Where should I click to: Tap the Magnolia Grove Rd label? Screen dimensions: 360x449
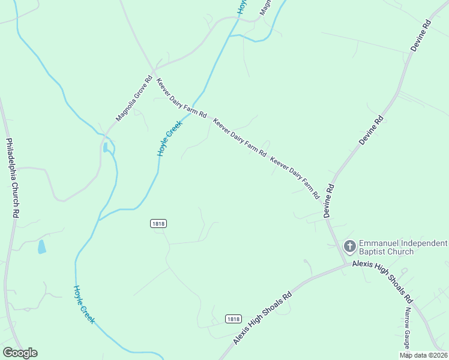point(135,99)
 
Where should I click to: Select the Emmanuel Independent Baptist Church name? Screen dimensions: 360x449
point(403,247)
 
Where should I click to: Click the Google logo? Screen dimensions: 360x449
point(20,353)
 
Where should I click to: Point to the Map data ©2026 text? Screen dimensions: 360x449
point(423,355)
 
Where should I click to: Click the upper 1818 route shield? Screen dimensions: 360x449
point(158,223)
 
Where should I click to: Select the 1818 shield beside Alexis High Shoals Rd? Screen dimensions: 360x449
point(234,319)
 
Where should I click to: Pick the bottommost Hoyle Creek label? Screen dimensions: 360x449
point(84,304)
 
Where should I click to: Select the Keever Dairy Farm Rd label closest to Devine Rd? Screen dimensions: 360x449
point(295,178)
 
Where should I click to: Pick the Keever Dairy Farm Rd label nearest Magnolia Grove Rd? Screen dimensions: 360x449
point(181,98)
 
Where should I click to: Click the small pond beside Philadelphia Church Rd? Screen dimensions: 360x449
point(41,247)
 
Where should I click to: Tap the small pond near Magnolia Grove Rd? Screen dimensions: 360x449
point(106,148)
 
